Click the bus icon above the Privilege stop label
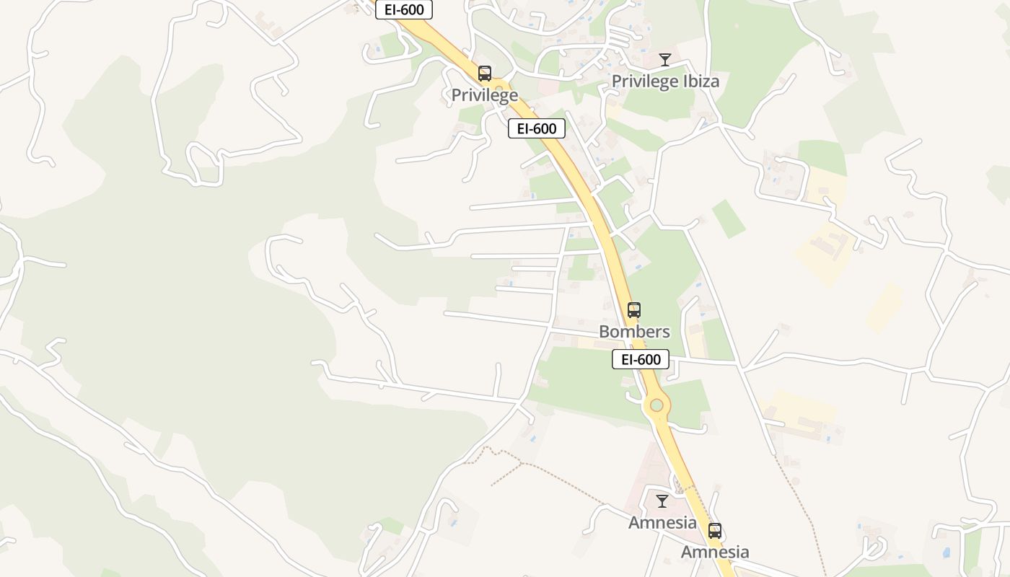point(485,73)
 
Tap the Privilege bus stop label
point(485,95)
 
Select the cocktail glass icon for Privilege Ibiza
point(665,60)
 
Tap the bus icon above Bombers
point(634,310)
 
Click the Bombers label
point(635,332)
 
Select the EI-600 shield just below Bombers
point(641,359)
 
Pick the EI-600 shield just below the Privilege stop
point(537,128)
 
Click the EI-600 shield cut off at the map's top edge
point(404,9)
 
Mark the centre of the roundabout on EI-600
point(656,405)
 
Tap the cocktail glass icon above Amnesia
point(662,501)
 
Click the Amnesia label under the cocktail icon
point(662,523)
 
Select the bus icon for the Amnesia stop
point(715,531)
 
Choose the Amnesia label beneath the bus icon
point(716,552)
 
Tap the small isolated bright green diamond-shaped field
point(729,219)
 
